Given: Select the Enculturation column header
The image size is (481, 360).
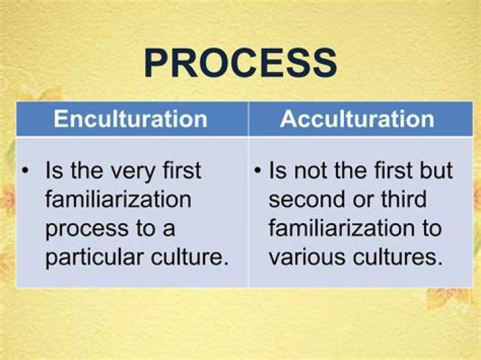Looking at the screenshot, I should [x=130, y=119].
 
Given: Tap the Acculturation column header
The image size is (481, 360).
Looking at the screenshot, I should [x=357, y=119].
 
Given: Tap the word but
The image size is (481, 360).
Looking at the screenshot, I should [x=438, y=170].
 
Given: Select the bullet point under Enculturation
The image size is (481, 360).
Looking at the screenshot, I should [x=25, y=170].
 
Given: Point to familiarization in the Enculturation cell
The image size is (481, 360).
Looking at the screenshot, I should [x=118, y=200].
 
